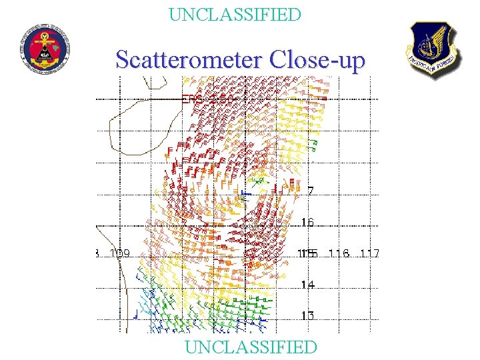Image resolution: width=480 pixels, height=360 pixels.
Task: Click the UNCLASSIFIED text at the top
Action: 235,14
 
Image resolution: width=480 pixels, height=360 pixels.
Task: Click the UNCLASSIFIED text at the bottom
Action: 251,347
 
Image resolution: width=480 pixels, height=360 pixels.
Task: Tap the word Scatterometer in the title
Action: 190,60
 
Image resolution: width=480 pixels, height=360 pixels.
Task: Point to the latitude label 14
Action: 307,285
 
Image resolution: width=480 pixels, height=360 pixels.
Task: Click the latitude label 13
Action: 307,315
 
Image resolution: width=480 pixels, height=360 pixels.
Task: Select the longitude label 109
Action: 119,253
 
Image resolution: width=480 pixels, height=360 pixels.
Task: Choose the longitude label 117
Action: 369,253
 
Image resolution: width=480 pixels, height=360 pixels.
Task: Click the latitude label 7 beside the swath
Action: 310,191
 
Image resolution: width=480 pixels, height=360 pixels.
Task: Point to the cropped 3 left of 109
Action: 97,253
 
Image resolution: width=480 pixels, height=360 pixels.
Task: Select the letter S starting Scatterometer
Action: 123,60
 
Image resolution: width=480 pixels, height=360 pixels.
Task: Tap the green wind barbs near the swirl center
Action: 257,179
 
